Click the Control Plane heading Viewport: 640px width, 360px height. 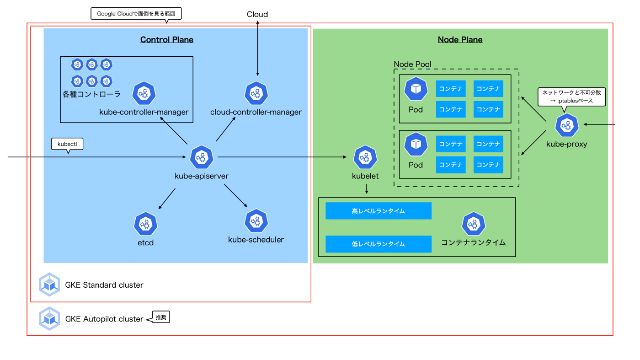pos(166,39)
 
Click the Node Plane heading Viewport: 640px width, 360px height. pos(460,39)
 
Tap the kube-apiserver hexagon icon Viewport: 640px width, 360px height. pos(202,157)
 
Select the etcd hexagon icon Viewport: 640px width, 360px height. pos(145,224)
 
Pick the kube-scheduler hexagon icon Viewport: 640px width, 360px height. pos(256,221)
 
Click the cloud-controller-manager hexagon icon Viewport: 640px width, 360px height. pos(256,93)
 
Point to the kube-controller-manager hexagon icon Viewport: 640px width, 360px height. pos(144,93)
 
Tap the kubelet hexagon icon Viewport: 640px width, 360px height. pos(365,157)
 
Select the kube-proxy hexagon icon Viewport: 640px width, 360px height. pos(567,125)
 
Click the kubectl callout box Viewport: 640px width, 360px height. pos(67,144)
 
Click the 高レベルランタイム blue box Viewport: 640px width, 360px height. pos(379,211)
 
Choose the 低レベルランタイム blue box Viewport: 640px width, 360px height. pos(379,244)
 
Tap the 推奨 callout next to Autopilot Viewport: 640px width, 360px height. pos(161,317)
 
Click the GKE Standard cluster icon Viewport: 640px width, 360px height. pos(49,285)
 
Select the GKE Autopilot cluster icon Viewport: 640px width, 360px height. pos(49,318)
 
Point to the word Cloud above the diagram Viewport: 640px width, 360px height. pos(257,14)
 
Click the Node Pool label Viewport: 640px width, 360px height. pos(412,64)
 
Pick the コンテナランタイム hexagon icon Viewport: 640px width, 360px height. pos(474,224)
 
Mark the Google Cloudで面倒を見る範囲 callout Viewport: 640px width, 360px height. pos(136,14)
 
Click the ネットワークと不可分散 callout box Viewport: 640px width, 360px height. pos(571,97)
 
